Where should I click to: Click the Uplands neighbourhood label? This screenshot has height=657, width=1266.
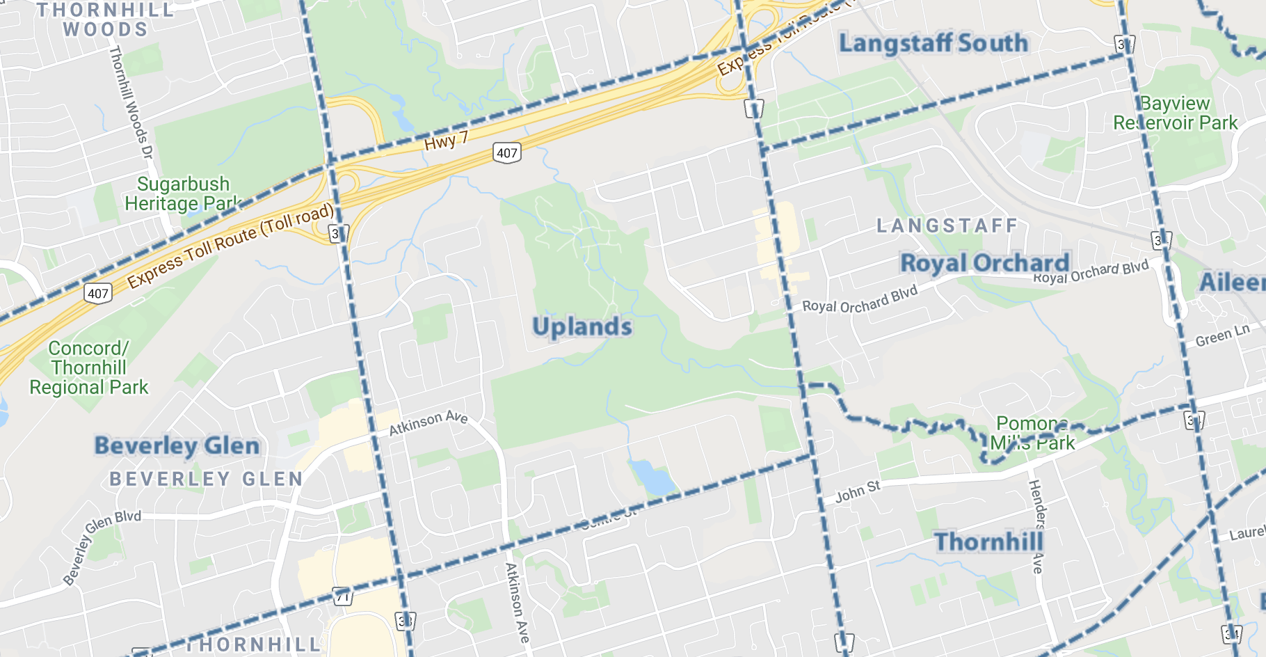coord(582,327)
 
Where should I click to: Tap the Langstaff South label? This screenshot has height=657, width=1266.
coord(933,43)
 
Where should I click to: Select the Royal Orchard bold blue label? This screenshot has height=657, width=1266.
coord(984,263)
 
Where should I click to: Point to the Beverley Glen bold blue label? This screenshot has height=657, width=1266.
coord(177,446)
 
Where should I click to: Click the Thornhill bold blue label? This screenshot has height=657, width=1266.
coord(988,541)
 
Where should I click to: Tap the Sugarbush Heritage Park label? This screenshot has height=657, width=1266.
coord(183,194)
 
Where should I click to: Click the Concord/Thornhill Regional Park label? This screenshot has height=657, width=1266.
coord(88,367)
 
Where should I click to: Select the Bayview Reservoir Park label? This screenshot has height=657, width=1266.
coord(1175,113)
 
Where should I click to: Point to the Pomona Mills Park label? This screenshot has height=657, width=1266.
coord(1032,433)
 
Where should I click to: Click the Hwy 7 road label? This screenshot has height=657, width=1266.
coord(446,141)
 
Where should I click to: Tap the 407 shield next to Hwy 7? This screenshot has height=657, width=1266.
coord(506,153)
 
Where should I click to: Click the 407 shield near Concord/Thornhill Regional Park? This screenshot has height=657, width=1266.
coord(98,293)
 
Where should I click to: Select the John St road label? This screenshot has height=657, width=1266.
coord(857,492)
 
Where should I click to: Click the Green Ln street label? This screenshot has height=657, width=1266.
coord(1222,335)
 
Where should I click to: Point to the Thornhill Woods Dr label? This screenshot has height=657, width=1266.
coord(131,102)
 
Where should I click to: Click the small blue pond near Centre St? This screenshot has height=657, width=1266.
coord(652,477)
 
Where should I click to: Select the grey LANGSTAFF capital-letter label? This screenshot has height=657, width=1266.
coord(947,226)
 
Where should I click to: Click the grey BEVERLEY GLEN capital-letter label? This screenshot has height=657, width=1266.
coord(206,479)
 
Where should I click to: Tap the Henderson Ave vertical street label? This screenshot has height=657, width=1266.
coord(1037,526)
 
